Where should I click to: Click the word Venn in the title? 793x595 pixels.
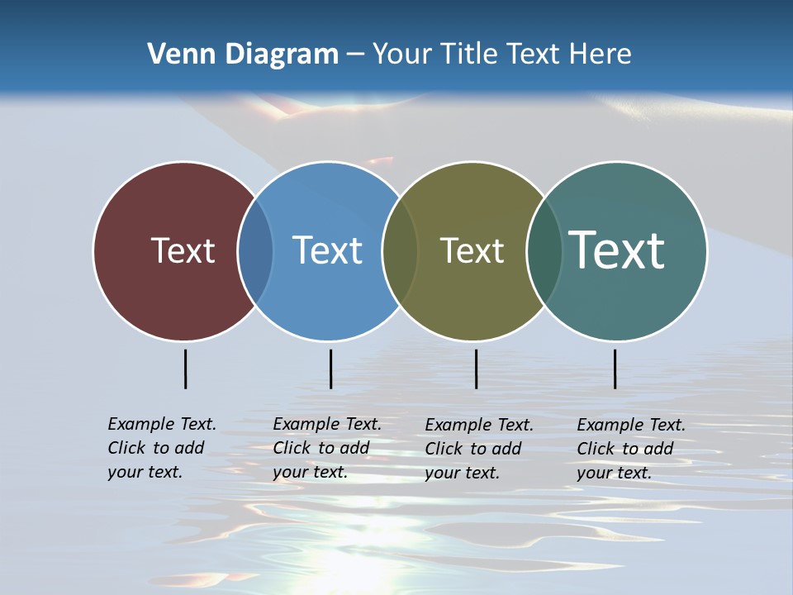click(174, 55)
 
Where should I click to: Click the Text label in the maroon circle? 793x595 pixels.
click(183, 250)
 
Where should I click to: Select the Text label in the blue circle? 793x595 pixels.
click(327, 250)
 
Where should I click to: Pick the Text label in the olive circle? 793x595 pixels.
click(472, 250)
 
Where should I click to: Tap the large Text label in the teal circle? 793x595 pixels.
click(617, 250)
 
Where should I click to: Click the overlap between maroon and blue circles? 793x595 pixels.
click(255, 250)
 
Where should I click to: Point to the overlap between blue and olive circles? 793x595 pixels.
click(400, 250)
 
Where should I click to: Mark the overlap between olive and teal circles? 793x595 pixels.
click(544, 250)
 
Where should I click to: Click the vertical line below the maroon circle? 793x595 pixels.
click(186, 369)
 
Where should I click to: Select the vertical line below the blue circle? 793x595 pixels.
click(330, 369)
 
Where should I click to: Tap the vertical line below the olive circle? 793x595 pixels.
click(476, 369)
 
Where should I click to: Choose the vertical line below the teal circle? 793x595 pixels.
click(615, 369)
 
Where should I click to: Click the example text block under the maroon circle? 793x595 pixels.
click(162, 448)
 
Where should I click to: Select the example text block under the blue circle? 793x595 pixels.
click(327, 448)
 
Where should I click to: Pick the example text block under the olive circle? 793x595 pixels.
click(479, 449)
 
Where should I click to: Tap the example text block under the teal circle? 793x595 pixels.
click(631, 449)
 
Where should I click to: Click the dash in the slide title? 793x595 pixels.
click(355, 55)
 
